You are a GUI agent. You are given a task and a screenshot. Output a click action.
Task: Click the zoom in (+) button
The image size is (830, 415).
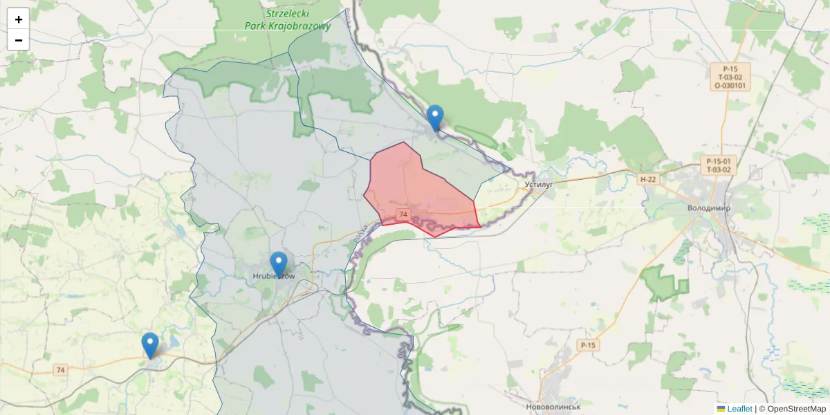(18, 19)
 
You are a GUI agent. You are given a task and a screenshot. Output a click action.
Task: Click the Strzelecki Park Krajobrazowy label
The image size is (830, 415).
(288, 20)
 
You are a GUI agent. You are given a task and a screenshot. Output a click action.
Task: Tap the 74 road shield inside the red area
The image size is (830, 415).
(403, 214)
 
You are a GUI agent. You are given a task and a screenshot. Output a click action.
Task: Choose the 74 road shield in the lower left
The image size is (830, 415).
(61, 371)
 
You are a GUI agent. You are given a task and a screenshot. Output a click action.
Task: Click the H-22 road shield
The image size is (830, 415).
(647, 179)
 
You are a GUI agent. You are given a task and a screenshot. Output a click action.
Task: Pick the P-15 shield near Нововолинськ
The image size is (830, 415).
(588, 345)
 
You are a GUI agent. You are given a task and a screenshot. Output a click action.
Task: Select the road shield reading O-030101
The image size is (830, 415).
(730, 86)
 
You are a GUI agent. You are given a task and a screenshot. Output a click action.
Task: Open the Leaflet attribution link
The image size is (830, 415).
(739, 409)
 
